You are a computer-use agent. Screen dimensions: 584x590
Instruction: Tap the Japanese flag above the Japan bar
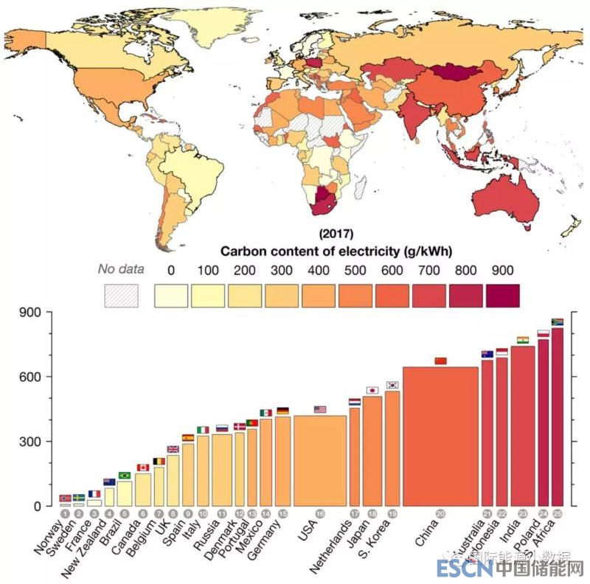click(x=372, y=390)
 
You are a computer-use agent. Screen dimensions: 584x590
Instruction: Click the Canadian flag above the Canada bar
click(x=143, y=467)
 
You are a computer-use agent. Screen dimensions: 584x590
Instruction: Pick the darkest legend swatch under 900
click(x=503, y=296)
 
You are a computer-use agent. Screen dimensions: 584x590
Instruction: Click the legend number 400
click(x=319, y=269)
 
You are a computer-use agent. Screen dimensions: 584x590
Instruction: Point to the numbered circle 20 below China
click(x=440, y=513)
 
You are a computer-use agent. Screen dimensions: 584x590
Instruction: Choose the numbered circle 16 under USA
click(x=319, y=513)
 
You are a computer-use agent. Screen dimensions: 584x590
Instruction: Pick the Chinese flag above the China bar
click(x=441, y=361)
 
